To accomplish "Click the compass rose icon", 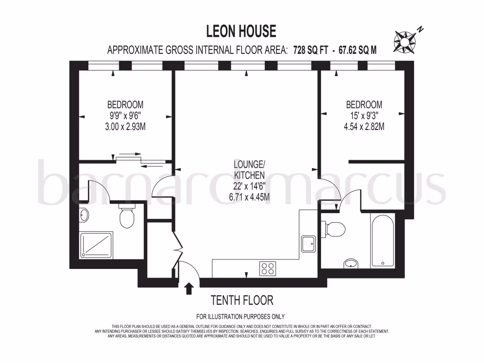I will coord(405,41).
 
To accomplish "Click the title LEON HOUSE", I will coord(241,31).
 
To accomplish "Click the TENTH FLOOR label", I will coord(242,300).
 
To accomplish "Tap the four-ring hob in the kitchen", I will coord(267,268).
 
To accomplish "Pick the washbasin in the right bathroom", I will coord(351,263).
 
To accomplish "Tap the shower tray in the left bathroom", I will coord(96,244).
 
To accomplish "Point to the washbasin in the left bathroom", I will coord(84,216).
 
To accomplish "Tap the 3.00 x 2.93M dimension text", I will coord(125,126).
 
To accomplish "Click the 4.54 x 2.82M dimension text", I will coord(363,126).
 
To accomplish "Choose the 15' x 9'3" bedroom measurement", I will coord(363,115).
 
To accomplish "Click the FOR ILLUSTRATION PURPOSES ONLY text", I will coord(241,317).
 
